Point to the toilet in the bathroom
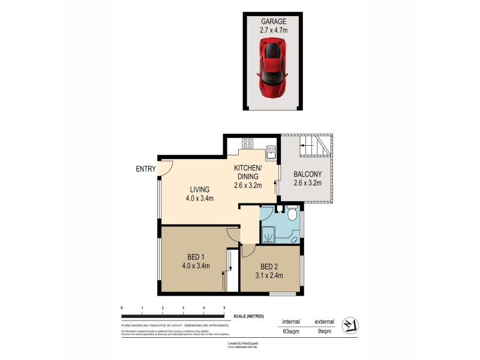292,214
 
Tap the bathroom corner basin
293,239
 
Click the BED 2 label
268,267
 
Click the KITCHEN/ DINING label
247,172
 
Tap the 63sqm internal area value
291,330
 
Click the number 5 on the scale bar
224,308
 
